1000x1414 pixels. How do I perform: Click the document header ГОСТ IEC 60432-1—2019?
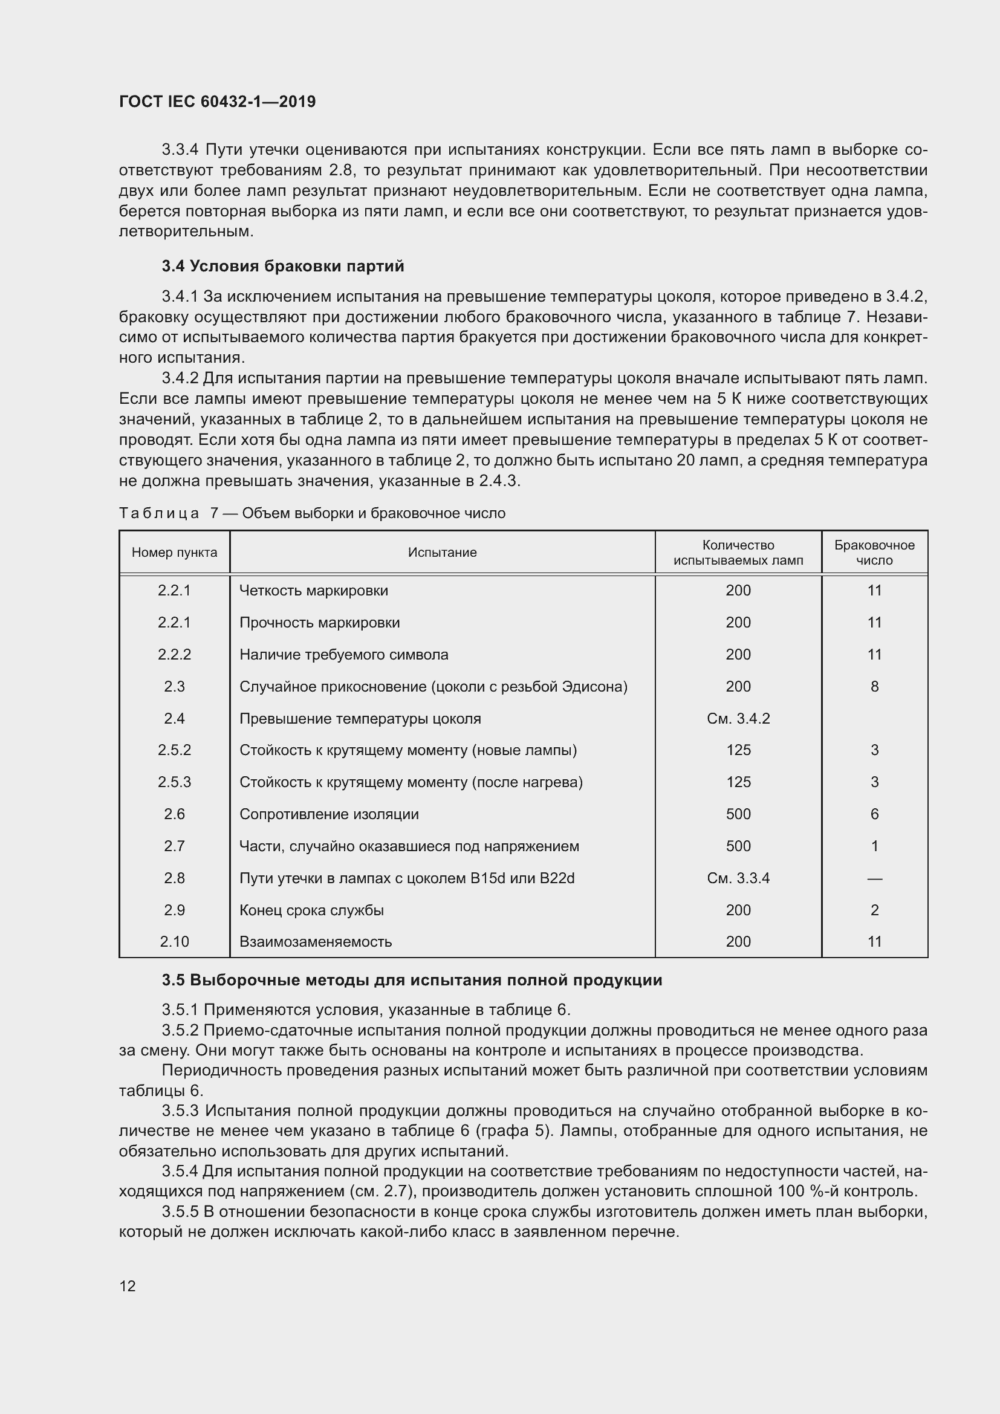(x=217, y=102)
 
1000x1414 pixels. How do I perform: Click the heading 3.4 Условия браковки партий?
(x=282, y=266)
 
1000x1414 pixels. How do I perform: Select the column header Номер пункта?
(x=174, y=553)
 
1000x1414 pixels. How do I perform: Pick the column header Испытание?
(x=442, y=553)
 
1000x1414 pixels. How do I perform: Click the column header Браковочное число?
(x=874, y=553)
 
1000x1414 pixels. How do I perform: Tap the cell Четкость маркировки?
(x=313, y=591)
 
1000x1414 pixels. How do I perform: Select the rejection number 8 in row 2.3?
(x=874, y=687)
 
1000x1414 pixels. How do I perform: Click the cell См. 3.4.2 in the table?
(x=738, y=719)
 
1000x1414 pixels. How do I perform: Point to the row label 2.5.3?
(x=174, y=782)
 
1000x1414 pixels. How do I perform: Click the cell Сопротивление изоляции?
(x=329, y=814)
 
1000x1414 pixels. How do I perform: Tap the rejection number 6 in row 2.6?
(x=874, y=814)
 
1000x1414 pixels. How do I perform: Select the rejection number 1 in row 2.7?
(x=874, y=846)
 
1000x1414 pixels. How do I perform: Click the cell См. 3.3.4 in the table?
(x=738, y=878)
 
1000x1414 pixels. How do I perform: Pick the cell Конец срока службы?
(x=311, y=910)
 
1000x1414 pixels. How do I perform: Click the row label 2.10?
(x=174, y=942)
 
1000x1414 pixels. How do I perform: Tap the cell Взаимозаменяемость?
(x=315, y=942)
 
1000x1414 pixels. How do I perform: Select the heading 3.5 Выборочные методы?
(x=412, y=980)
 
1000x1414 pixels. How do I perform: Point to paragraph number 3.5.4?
(x=180, y=1172)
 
